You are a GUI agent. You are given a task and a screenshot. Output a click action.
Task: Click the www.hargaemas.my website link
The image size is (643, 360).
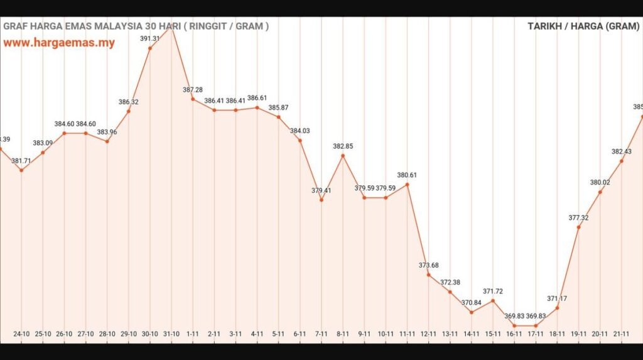coord(59,43)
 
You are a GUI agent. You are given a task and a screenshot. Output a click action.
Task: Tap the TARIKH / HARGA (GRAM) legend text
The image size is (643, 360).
coord(583,26)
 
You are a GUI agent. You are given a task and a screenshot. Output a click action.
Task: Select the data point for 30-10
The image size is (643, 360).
coord(150,48)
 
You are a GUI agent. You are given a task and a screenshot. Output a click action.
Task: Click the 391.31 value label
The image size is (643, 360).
coord(150,38)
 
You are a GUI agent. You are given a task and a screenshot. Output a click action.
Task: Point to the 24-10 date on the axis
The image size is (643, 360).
coord(22,334)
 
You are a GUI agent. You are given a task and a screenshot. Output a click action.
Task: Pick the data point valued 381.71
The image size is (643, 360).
coord(21,170)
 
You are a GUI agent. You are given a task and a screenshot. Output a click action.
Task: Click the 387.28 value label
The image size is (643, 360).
coord(192,90)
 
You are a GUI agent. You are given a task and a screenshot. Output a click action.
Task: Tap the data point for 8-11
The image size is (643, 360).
coord(343,155)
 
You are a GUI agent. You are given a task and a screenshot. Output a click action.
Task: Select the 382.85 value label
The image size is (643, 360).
coord(343,146)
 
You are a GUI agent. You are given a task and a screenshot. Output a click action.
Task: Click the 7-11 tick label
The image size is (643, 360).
coord(321,334)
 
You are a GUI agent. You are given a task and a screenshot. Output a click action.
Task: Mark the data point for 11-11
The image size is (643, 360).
coord(408,184)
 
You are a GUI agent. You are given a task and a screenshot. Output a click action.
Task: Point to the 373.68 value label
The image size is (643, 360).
coord(429,265)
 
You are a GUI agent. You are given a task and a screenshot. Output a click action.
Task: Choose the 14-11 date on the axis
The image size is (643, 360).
coord(472,334)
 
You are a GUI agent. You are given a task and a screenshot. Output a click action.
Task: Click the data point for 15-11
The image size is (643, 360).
coord(493,300)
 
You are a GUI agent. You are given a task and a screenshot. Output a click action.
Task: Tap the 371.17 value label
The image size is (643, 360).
coord(557,298)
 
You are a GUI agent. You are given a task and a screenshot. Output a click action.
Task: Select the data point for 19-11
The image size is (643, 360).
coord(578,227)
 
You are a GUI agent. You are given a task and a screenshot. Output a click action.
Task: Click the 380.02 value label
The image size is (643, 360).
coord(600,183)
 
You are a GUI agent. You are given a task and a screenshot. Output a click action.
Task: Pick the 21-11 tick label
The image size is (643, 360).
coord(621,334)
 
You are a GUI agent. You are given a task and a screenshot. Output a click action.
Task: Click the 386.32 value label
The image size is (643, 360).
coord(129,102)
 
